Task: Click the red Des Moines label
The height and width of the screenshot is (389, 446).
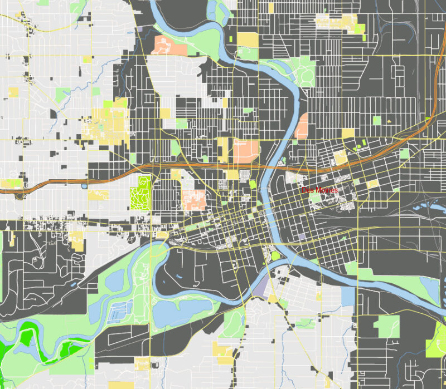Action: (x=319, y=190)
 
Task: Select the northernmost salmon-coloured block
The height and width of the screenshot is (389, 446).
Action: (x=162, y=45)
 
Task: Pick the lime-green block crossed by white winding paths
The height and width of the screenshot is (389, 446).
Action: (x=140, y=193)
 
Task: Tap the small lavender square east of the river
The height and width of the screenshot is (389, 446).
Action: (x=303, y=237)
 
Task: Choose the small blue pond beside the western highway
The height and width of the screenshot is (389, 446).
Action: (x=84, y=186)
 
